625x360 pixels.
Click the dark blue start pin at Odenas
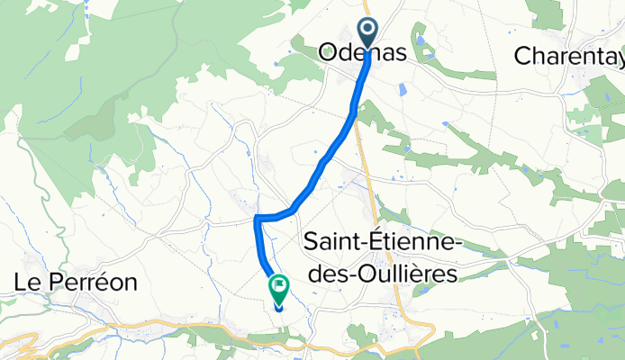(367, 33)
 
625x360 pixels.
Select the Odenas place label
(363, 54)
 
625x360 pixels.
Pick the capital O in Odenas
(329, 54)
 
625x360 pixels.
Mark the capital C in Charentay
(522, 55)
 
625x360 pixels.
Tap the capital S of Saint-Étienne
(312, 241)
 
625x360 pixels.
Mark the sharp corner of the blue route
(258, 218)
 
